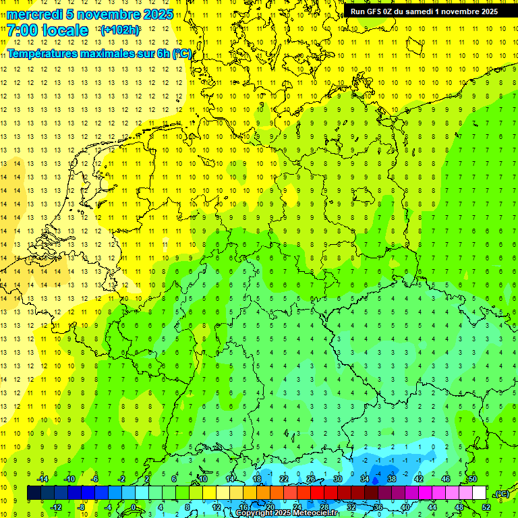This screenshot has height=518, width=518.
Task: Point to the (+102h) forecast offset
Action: pyautogui.click(x=120, y=30)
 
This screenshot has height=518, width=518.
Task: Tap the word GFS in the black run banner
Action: pyautogui.click(x=375, y=11)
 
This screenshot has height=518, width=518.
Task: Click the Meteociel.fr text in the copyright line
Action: pyautogui.click(x=320, y=513)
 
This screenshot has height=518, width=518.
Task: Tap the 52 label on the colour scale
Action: pyautogui.click(x=486, y=507)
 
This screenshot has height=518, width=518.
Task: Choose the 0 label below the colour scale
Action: pyautogui.click(x=134, y=507)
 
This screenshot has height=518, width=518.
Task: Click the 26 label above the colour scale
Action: pyautogui.click(x=311, y=479)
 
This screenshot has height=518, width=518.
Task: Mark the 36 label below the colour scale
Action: pyautogui.click(x=378, y=507)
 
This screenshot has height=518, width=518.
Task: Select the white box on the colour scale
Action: pyautogui.click(x=479, y=493)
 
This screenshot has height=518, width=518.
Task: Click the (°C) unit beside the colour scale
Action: pyautogui.click(x=501, y=494)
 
